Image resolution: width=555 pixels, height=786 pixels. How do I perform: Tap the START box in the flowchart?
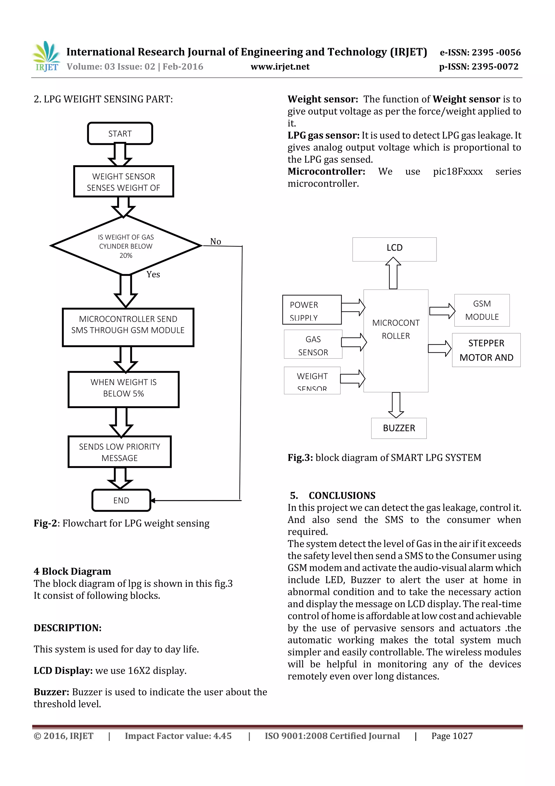click(x=120, y=133)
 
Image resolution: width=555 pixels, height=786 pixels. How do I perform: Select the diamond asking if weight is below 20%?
click(x=125, y=246)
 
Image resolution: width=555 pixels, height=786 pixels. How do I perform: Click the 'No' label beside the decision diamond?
click(x=215, y=242)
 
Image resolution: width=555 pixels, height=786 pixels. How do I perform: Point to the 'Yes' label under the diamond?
click(x=153, y=275)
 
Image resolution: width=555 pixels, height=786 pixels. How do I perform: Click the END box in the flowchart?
click(x=121, y=501)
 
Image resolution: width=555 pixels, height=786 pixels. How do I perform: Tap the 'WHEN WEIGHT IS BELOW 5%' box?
click(x=124, y=388)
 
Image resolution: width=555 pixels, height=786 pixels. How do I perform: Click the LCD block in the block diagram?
click(x=394, y=248)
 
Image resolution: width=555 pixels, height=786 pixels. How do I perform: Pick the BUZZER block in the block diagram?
click(x=399, y=428)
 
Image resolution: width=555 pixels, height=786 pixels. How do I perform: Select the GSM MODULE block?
click(x=482, y=310)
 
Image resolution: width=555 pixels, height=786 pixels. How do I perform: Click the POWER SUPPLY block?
click(x=312, y=310)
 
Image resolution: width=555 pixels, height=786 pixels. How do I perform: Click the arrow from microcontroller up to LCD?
click(x=393, y=273)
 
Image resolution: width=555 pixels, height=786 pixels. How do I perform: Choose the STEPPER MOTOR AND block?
click(x=486, y=350)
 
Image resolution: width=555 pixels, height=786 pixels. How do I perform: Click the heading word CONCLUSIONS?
click(x=342, y=496)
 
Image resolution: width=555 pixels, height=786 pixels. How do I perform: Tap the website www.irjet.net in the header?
click(x=280, y=67)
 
